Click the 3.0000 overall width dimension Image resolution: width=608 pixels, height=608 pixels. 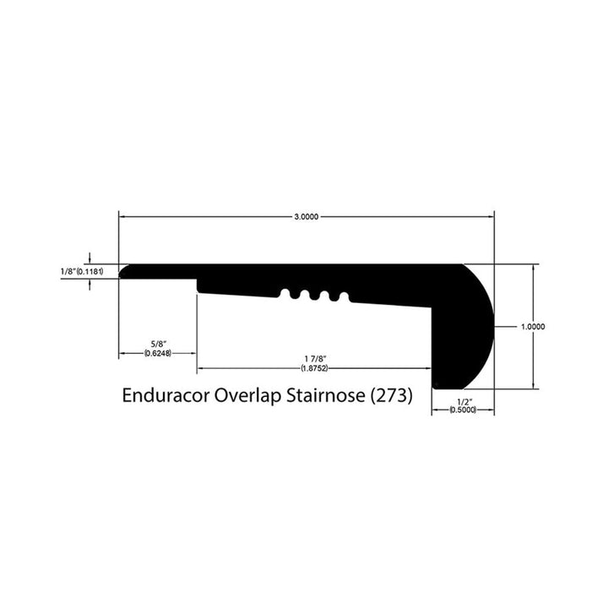[306, 217]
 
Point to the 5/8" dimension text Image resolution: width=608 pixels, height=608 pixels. [158, 344]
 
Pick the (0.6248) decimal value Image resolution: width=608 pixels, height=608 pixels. [158, 353]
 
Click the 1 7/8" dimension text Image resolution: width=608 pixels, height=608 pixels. [315, 359]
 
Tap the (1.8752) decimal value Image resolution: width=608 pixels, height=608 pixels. [315, 368]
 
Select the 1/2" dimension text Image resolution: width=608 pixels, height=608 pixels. [463, 402]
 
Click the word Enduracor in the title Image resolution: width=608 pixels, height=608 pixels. [165, 395]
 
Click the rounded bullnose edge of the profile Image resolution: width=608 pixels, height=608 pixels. [483, 325]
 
